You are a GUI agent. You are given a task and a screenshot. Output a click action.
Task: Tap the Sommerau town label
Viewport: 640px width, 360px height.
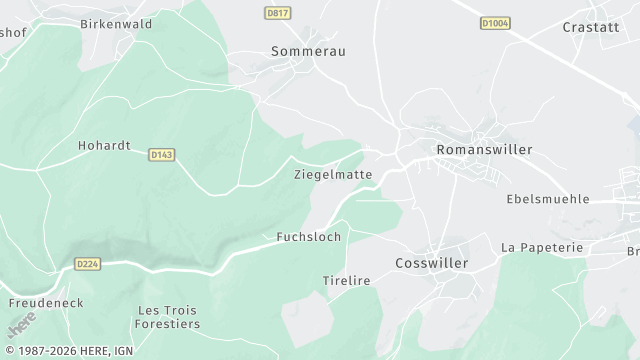(308, 50)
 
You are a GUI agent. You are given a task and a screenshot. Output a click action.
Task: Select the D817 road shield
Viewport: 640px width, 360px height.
(278, 13)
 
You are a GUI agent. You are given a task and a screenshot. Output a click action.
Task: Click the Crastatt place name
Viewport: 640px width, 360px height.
(591, 27)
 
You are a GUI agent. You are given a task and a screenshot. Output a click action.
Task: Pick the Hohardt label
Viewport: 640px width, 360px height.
(104, 145)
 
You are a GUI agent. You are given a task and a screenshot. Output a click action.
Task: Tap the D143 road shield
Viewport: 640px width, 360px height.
(161, 155)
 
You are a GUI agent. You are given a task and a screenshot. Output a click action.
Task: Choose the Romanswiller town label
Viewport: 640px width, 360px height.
(484, 149)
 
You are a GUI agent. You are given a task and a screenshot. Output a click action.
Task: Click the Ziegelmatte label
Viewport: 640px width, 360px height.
(333, 174)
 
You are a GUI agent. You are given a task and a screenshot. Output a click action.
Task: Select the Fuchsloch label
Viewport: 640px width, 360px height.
(308, 237)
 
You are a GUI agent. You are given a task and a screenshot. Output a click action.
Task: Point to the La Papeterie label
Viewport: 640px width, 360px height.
(541, 246)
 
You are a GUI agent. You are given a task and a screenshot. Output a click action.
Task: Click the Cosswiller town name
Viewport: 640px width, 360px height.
(432, 263)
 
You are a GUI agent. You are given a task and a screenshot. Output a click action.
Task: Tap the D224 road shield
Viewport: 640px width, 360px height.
(88, 264)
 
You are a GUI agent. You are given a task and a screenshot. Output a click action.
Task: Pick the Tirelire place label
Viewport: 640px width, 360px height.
(346, 281)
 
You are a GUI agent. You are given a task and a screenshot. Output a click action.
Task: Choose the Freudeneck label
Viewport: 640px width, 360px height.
(45, 302)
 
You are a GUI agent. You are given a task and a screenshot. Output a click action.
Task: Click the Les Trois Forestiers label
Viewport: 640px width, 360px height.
(169, 317)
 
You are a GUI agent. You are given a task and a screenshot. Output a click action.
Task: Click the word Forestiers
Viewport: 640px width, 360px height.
(169, 324)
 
